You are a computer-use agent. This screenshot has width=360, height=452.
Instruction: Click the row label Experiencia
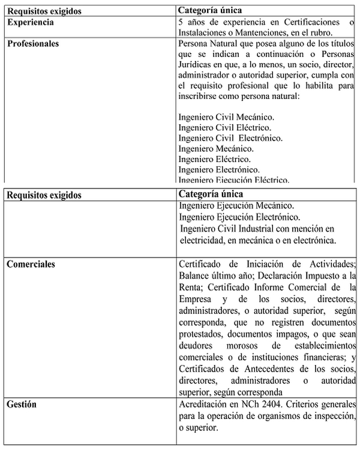tap(31, 22)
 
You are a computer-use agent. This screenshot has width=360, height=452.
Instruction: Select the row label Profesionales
tap(33, 43)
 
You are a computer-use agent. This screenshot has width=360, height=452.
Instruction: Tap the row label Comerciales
tap(31, 264)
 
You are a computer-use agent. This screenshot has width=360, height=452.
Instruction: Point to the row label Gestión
tap(22, 405)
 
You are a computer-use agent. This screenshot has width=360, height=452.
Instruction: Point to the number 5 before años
tap(182, 22)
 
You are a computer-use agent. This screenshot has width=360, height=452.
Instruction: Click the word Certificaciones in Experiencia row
tap(316, 22)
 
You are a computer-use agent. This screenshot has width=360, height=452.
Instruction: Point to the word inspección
tap(332, 416)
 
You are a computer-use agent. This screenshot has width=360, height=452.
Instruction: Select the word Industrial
tap(259, 229)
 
